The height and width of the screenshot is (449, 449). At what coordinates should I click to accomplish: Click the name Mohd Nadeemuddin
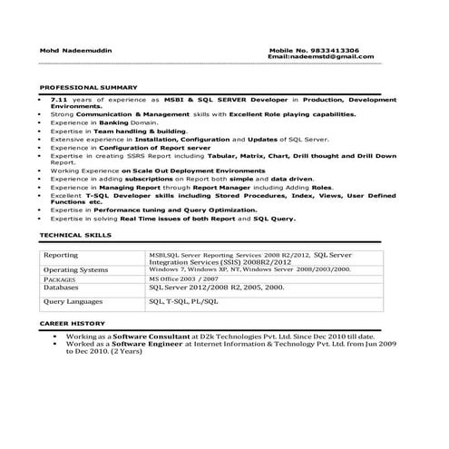pyautogui.click(x=70, y=50)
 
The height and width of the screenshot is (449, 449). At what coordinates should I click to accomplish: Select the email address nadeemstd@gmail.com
pyautogui.click(x=335, y=57)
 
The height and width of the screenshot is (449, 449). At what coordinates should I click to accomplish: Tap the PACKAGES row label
pyautogui.click(x=60, y=280)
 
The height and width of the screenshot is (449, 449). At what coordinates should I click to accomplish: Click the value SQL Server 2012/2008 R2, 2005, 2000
pyautogui.click(x=217, y=288)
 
